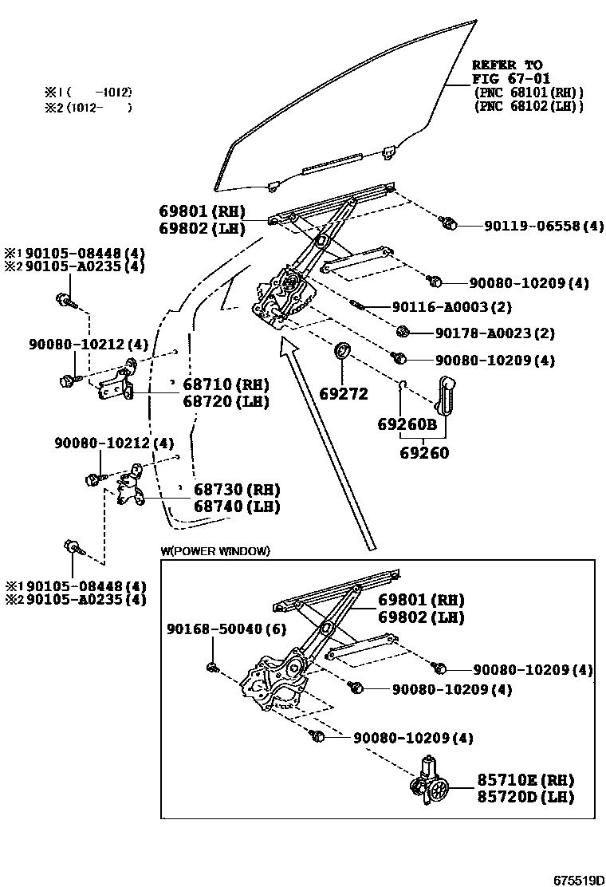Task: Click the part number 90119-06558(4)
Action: click(544, 226)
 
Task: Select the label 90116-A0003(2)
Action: click(451, 307)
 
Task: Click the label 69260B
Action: click(407, 425)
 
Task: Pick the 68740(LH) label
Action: click(237, 507)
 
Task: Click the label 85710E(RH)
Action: click(525, 780)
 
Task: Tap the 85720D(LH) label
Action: click(525, 797)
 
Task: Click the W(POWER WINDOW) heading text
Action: click(215, 551)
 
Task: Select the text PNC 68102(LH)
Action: click(528, 106)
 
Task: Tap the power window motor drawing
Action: click(431, 783)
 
